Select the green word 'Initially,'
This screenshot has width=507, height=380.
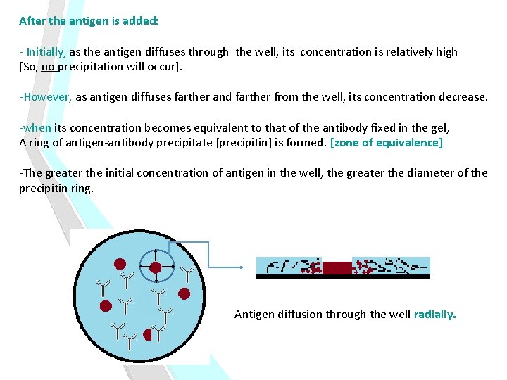click(x=46, y=52)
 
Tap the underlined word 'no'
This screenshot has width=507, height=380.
click(x=49, y=67)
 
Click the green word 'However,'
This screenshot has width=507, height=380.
click(x=48, y=97)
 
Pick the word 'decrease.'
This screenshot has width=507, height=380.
click(x=463, y=97)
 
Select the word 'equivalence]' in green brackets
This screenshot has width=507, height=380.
click(x=411, y=143)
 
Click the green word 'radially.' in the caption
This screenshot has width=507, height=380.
click(x=434, y=314)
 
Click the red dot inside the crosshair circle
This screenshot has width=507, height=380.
click(x=156, y=267)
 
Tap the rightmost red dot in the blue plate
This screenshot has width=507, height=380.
click(x=184, y=293)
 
